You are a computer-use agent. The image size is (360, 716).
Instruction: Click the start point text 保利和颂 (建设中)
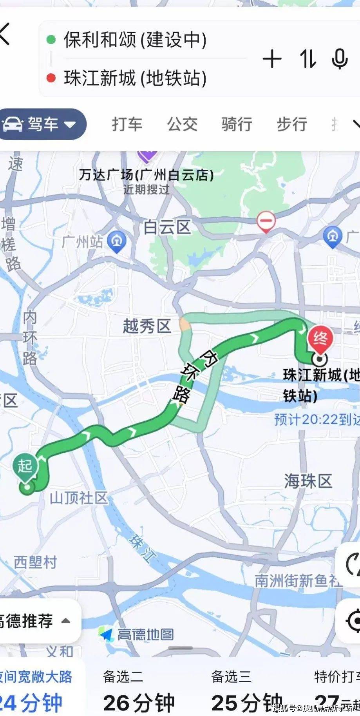[x=135, y=40]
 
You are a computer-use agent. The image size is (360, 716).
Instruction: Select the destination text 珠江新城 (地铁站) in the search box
[x=135, y=78]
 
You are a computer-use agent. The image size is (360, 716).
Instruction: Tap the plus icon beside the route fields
[x=272, y=60]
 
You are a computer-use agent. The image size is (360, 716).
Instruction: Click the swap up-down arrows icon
[x=308, y=60]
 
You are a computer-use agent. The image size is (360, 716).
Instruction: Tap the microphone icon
[x=339, y=60]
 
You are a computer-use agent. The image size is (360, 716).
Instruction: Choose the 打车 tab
[x=127, y=124]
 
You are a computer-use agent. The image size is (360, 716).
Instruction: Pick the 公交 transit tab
[x=182, y=124]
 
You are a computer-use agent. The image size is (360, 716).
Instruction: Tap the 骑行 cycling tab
[x=237, y=124]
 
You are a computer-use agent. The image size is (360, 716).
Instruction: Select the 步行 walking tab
[x=292, y=124]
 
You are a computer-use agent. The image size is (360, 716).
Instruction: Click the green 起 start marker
[x=25, y=466]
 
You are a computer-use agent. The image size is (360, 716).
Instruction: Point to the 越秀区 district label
[x=147, y=326]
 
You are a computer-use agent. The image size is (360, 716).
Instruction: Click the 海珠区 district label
[x=308, y=481]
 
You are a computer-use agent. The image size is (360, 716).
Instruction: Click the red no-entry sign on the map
[x=266, y=221]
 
